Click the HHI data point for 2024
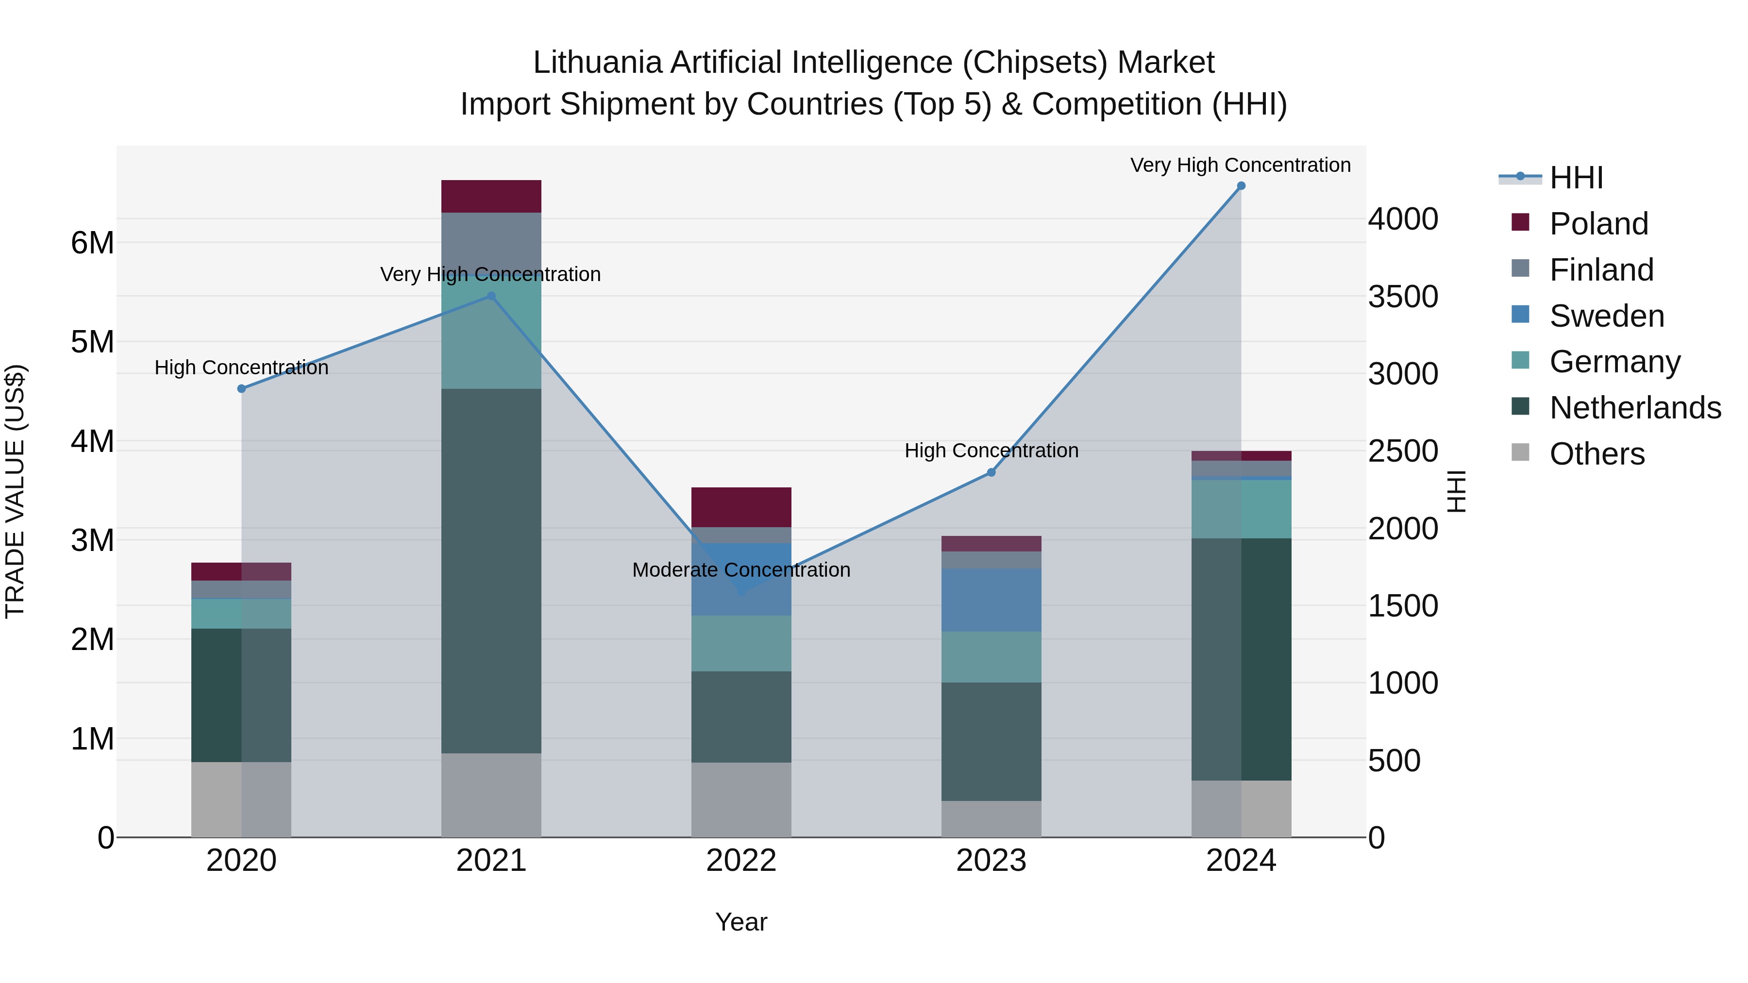(1241, 186)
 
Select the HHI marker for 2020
(242, 389)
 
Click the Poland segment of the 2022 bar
(741, 507)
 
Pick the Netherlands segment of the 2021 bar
(491, 570)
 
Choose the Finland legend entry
(1601, 270)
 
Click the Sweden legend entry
(1606, 316)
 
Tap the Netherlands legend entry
(1635, 408)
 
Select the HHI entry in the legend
(1576, 178)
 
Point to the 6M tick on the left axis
(93, 243)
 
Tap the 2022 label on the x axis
(741, 861)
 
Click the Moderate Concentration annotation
(741, 570)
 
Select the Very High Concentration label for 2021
(490, 274)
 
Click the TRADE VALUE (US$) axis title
(16, 491)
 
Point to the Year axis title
(741, 922)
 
